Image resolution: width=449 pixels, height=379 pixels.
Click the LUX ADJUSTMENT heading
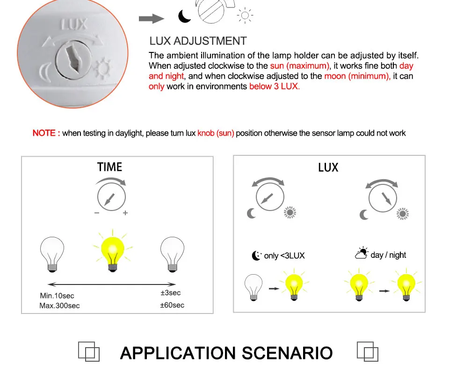pyautogui.click(x=198, y=41)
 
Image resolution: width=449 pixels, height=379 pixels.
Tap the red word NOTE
pyautogui.click(x=46, y=133)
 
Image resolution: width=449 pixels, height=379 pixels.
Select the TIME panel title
pyautogui.click(x=109, y=167)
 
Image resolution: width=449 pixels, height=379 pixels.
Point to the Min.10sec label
pyautogui.click(x=57, y=296)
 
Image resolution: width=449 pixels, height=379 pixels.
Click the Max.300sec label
pyautogui.click(x=59, y=306)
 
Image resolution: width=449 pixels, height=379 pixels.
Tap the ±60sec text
pyautogui.click(x=172, y=305)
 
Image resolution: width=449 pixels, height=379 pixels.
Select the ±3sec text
pyautogui.click(x=170, y=293)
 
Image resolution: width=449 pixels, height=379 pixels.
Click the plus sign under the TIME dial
pyautogui.click(x=125, y=213)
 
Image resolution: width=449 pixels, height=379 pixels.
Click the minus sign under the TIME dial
pyautogui.click(x=97, y=213)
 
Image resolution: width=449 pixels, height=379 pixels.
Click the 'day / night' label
pyautogui.click(x=388, y=255)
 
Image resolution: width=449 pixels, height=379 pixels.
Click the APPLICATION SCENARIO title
pyautogui.click(x=226, y=353)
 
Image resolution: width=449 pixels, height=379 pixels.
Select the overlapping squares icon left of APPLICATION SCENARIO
pyautogui.click(x=89, y=351)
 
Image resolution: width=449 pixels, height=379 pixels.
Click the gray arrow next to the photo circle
pyautogui.click(x=151, y=19)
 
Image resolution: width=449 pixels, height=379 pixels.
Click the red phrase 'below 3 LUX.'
pyautogui.click(x=275, y=87)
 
